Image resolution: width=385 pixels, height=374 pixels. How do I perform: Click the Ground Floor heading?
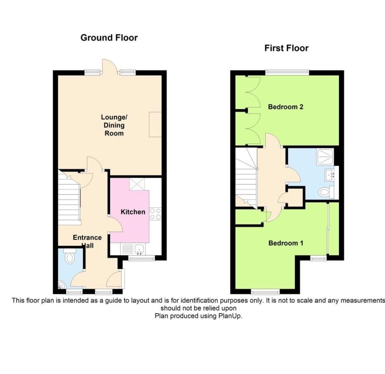click(x=109, y=38)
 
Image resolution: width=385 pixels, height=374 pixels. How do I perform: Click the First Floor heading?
click(x=286, y=48)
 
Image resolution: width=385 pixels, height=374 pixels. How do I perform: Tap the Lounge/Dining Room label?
click(x=113, y=125)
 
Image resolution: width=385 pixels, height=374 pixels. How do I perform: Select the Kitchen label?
click(x=133, y=212)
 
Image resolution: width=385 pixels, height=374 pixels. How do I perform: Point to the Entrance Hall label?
click(x=87, y=241)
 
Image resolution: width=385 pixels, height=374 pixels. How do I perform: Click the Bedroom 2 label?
click(x=286, y=107)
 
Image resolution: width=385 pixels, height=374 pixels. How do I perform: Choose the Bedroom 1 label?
click(x=286, y=243)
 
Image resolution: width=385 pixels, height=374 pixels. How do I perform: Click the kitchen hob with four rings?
click(x=155, y=214)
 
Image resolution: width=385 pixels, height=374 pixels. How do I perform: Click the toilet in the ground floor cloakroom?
click(x=69, y=257)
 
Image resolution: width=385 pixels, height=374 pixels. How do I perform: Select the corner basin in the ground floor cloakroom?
click(x=61, y=285)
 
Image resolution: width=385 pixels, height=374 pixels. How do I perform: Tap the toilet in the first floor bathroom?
click(x=326, y=192)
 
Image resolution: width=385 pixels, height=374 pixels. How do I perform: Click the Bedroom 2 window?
click(x=287, y=73)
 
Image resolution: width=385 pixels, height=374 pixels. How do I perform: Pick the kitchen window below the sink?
click(x=141, y=259)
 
